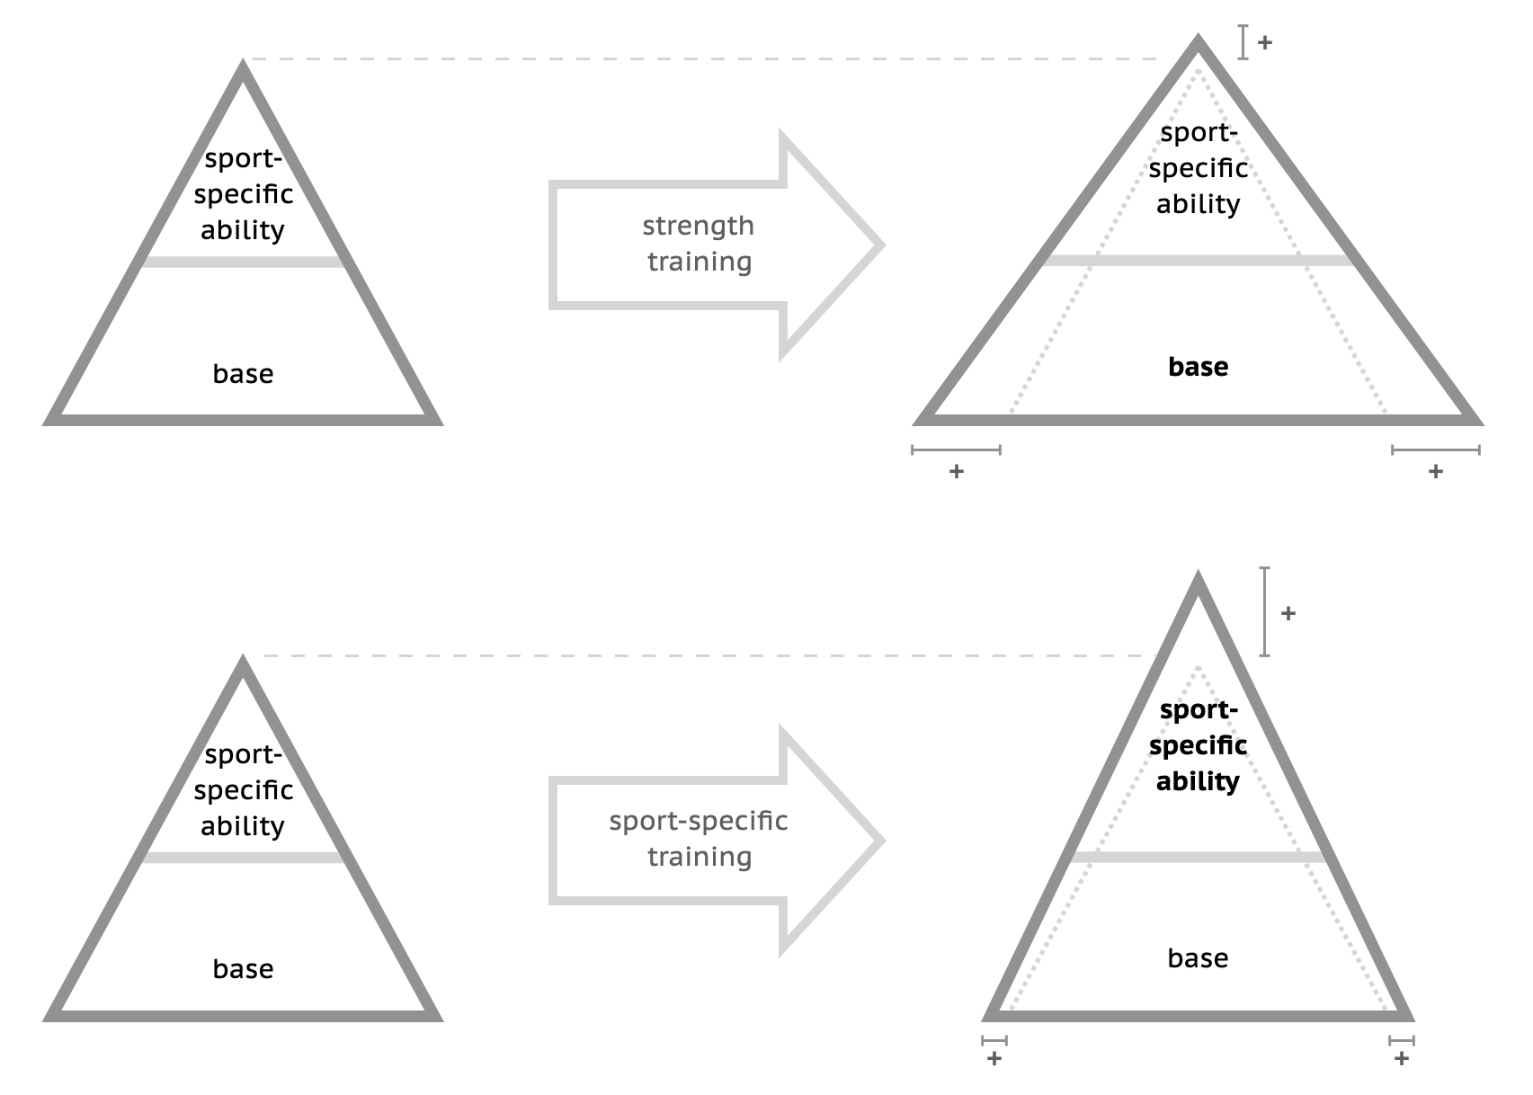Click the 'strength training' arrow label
pos(698,244)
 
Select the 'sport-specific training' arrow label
pos(698,839)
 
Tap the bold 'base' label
pos(1198,367)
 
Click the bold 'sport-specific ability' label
pos(1198,745)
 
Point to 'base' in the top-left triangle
pos(243,374)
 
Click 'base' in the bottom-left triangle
pos(243,969)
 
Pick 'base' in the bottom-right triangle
pos(1198,958)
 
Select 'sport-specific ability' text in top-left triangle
pos(243,194)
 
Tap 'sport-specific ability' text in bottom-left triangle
pos(243,790)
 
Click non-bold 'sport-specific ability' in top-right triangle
pos(1198,168)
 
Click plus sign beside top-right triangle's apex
pos(1265,42)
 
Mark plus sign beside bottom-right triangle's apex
pos(1288,613)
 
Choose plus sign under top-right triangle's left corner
pos(957,471)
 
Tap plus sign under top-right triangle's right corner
pos(1436,471)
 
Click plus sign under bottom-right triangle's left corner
pos(994,1059)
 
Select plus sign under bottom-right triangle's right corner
pos(1402,1059)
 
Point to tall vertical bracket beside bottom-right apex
pos(1265,611)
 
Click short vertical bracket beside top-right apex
pos(1243,42)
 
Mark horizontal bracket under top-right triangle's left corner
pos(956,450)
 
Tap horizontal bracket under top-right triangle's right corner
pos(1436,450)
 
